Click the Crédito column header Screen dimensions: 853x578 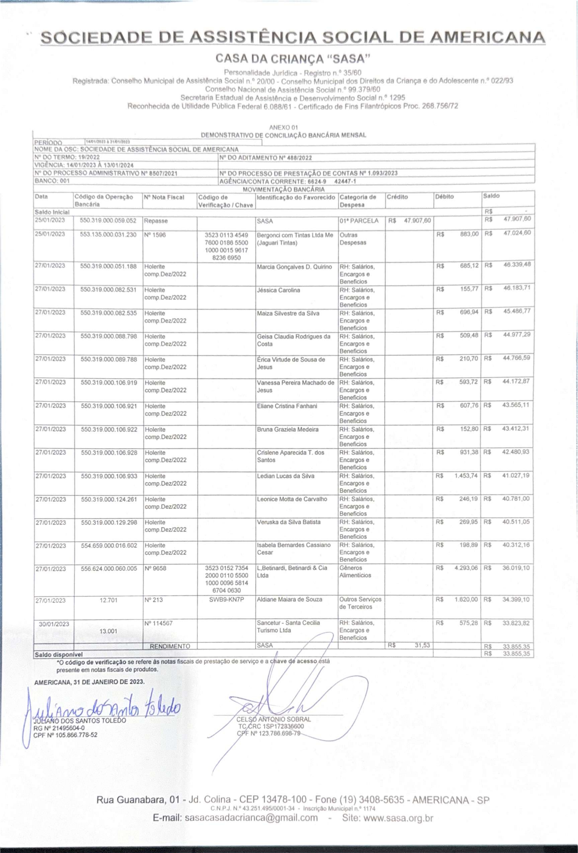click(397, 197)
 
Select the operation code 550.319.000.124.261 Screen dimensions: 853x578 click(108, 499)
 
